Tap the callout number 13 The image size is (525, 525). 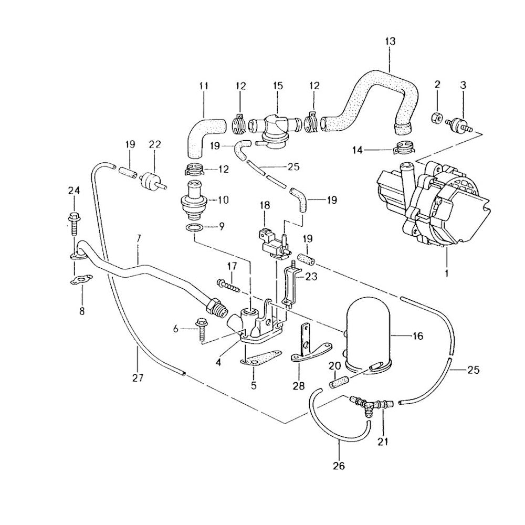click(390, 41)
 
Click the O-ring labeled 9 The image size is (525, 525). click(193, 228)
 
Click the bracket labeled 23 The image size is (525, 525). click(290, 286)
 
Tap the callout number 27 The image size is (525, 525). click(138, 377)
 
